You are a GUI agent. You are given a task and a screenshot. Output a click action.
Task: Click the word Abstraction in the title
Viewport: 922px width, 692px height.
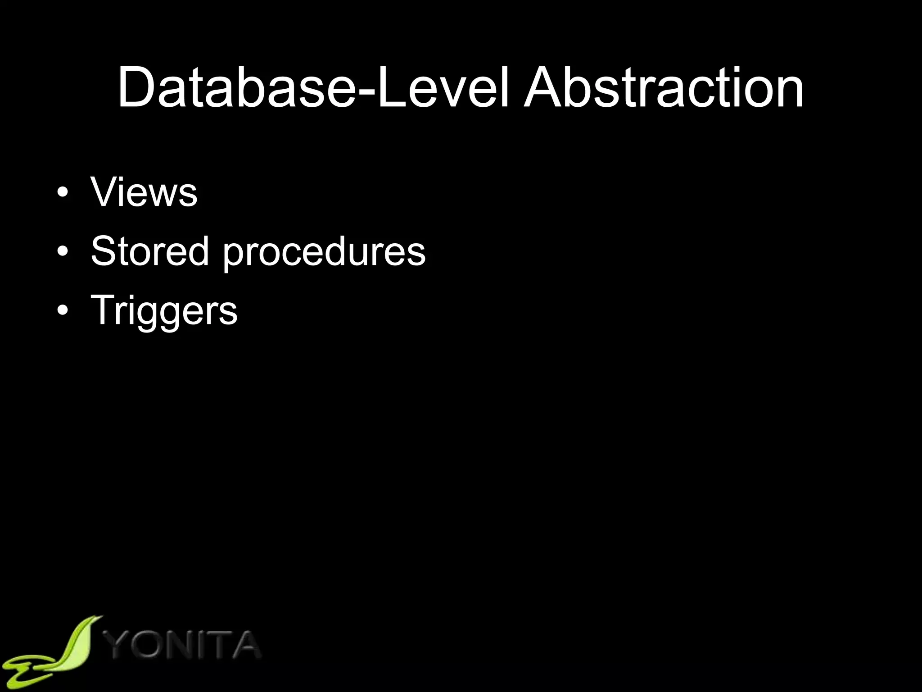click(664, 87)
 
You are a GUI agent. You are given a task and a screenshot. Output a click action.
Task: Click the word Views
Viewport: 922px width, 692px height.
click(144, 192)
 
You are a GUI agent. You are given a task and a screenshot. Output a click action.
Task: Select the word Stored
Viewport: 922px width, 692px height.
click(150, 251)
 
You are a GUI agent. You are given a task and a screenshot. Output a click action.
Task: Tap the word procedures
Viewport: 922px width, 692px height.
click(324, 252)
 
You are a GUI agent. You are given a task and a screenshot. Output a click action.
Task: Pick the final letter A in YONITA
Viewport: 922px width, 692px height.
click(244, 644)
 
